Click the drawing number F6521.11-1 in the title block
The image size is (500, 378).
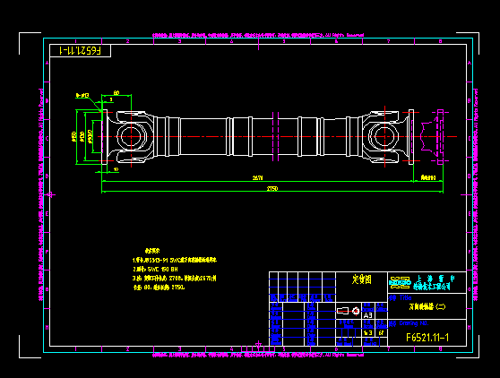tap(427, 338)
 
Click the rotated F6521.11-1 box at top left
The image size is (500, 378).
tap(80, 51)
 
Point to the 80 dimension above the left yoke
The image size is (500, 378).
tap(116, 93)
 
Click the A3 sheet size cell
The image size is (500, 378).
tap(366, 315)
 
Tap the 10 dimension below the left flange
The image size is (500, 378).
tap(116, 169)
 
